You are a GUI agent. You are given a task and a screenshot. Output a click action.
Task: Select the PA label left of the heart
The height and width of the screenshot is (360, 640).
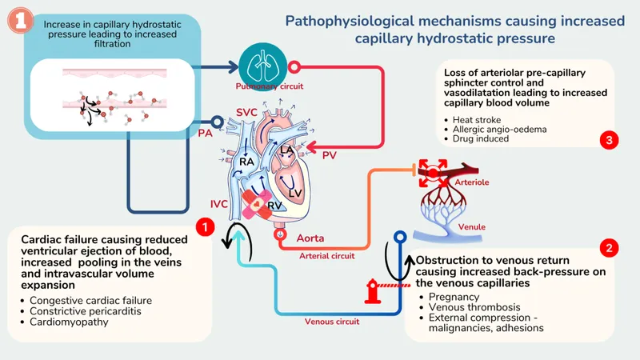pos(205,134)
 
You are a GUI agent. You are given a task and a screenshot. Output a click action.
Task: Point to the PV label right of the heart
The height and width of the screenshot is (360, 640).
pos(330,154)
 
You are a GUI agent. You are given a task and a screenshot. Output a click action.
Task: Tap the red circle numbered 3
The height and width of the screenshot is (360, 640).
pos(610,140)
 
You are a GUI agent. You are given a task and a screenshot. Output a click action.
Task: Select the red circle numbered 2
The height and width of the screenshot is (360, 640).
pos(610,248)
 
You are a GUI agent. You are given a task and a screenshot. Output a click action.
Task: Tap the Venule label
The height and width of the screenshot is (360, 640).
pos(470,226)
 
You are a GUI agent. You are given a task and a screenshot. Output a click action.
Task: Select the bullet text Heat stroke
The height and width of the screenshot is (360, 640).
pos(478,119)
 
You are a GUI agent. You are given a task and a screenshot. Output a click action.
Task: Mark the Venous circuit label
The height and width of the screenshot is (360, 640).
pos(332,322)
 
